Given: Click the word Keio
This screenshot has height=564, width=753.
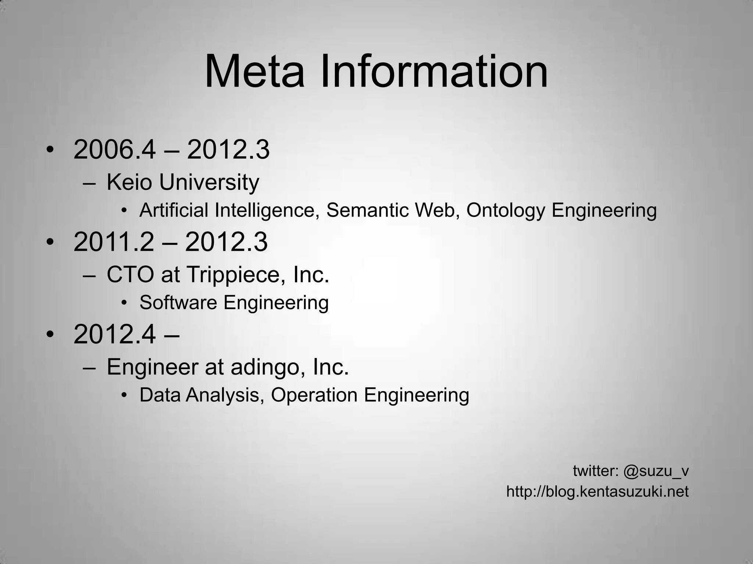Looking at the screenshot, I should pyautogui.click(x=129, y=182).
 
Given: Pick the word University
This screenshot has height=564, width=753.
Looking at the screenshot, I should pyautogui.click(x=209, y=182).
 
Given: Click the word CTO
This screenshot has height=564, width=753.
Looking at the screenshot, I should pyautogui.click(x=130, y=274).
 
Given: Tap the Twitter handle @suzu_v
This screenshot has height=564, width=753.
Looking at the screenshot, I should pyautogui.click(x=656, y=471).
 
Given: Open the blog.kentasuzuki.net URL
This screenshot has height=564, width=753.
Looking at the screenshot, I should pyautogui.click(x=597, y=491).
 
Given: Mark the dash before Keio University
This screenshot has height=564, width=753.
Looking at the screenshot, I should pyautogui.click(x=89, y=183).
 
